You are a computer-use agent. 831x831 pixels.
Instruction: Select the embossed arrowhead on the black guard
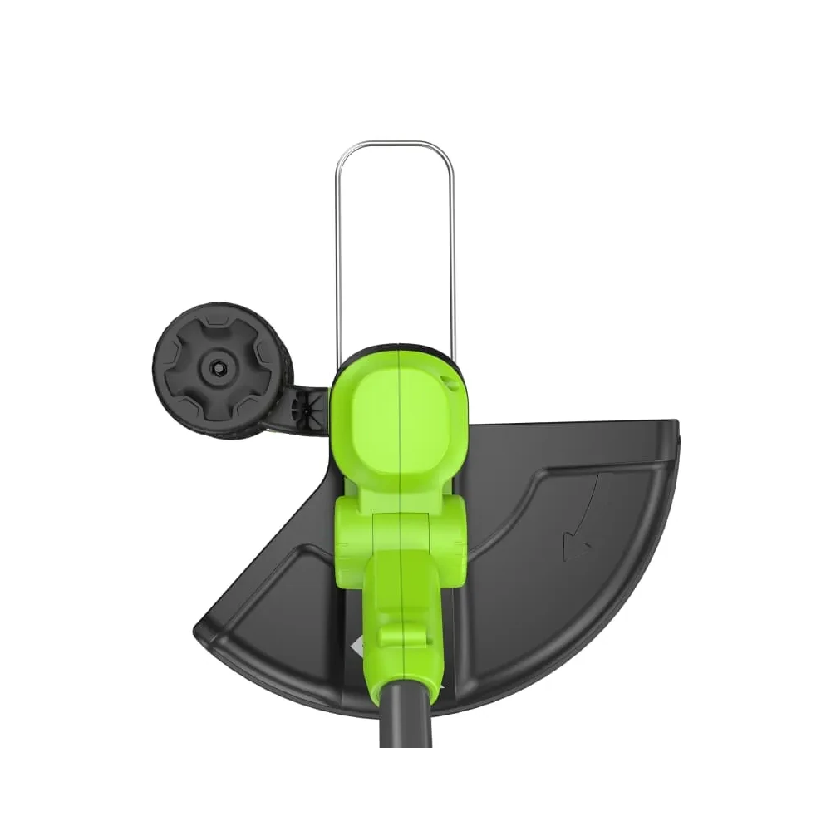[x=577, y=545]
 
